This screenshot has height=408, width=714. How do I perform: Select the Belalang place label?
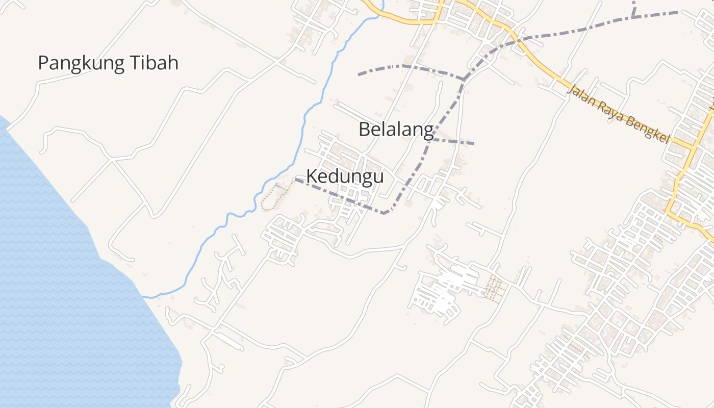(x=396, y=129)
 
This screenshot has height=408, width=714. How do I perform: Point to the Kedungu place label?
(x=345, y=176)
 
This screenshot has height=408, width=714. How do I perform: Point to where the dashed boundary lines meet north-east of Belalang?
(x=463, y=79)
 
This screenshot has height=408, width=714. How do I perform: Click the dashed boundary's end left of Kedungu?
(x=296, y=179)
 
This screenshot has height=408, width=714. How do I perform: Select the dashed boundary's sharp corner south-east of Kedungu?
(x=384, y=213)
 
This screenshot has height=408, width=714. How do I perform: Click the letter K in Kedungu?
(x=311, y=176)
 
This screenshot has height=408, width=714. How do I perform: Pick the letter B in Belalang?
(x=364, y=129)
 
